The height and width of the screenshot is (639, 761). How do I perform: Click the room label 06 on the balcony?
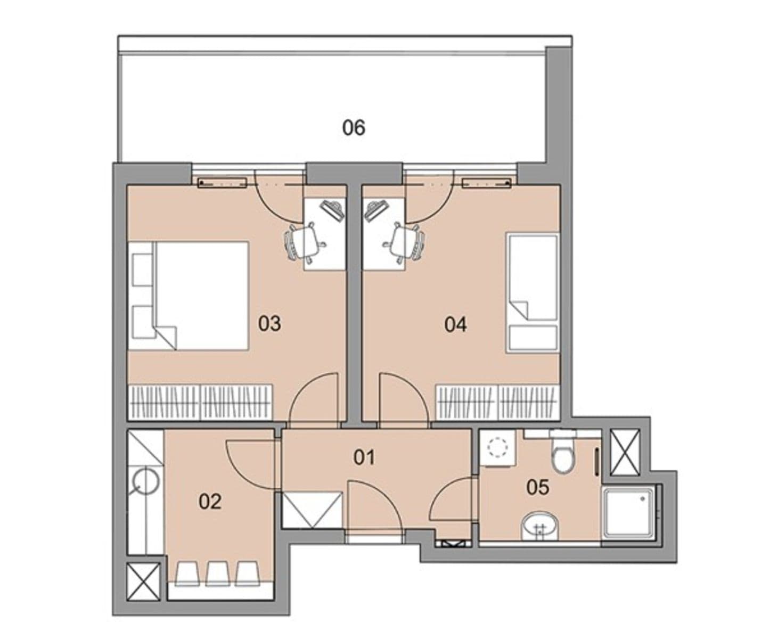coord(354,128)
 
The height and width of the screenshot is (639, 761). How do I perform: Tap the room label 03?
coord(269,324)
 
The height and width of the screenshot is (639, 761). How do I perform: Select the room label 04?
coord(456,324)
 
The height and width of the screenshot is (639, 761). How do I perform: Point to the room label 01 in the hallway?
coord(364,457)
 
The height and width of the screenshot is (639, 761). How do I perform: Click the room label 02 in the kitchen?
coord(210,501)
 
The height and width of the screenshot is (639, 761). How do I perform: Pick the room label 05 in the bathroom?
coord(537,487)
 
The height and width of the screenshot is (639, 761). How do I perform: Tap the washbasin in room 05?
coord(540,526)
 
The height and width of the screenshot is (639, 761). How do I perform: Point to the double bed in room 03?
coord(189,296)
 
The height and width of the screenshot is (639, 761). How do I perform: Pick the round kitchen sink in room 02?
coord(145,483)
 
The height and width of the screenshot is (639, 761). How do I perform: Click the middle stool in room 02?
coord(216,572)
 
